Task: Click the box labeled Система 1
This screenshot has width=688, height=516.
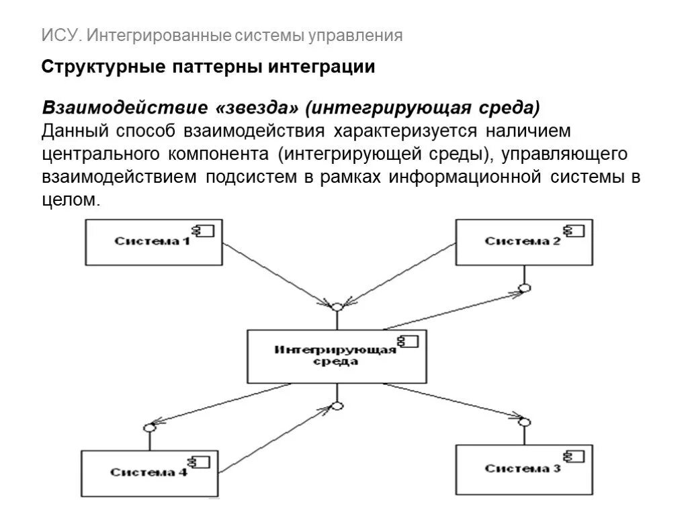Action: tap(154, 242)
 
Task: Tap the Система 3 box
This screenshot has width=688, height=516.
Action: tap(524, 468)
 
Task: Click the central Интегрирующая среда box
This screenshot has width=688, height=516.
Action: tap(337, 356)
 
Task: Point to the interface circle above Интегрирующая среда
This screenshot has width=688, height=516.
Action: tap(337, 307)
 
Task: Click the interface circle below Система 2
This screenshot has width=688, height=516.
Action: tap(525, 288)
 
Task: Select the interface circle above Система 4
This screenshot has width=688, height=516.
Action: tap(150, 427)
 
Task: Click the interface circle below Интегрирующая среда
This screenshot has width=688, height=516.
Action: tap(338, 406)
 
